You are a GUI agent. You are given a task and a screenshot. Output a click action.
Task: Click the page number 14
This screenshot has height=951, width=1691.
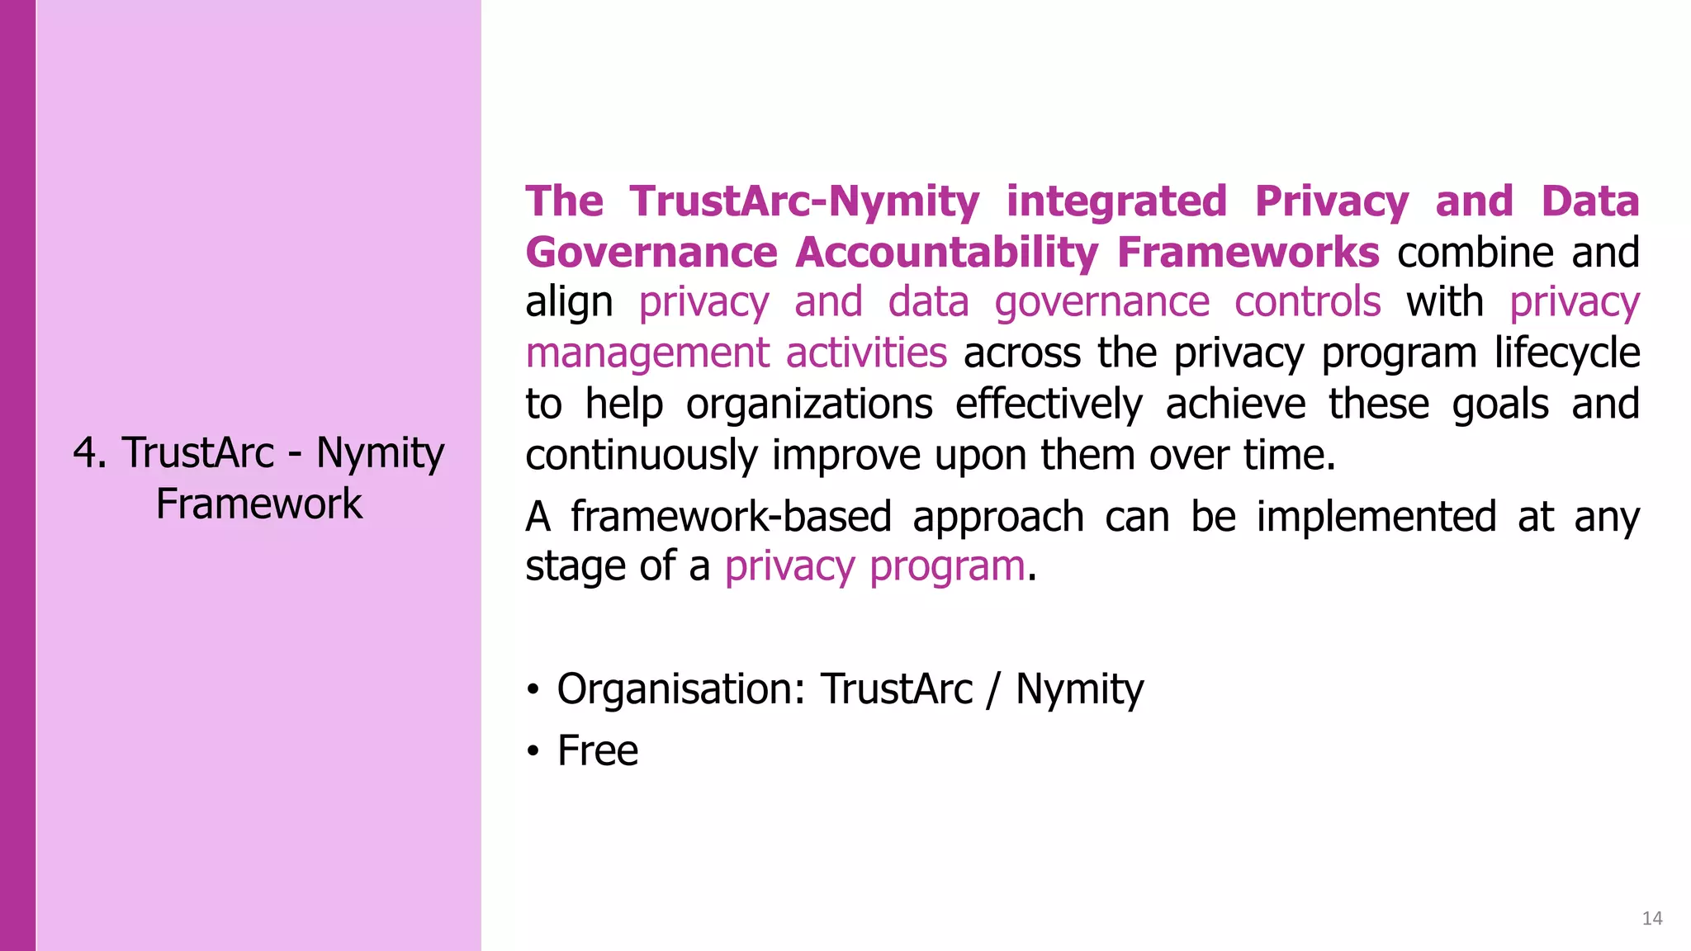[1651, 919]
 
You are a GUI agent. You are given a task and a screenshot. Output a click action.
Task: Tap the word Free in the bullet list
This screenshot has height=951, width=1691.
[597, 751]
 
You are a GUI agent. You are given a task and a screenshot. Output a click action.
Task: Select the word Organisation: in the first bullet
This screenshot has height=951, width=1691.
[680, 689]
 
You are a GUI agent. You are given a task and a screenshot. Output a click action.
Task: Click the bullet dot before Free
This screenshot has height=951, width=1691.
[533, 751]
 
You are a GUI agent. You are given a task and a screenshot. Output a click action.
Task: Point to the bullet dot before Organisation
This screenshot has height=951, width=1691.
[533, 689]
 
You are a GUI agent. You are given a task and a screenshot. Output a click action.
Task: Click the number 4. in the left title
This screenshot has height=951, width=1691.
[90, 453]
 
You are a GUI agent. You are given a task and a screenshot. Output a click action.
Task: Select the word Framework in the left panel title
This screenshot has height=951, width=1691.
[259, 504]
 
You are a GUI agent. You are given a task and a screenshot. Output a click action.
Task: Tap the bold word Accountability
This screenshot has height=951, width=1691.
[946, 253]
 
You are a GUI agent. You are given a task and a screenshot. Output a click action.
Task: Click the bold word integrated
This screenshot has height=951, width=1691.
[1116, 202]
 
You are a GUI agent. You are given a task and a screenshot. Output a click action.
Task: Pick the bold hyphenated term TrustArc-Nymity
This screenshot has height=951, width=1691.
[804, 202]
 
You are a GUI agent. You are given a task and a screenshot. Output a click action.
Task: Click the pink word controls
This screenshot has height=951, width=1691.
[1307, 303]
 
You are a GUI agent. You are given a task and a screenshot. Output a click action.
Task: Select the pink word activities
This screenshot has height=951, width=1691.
[866, 354]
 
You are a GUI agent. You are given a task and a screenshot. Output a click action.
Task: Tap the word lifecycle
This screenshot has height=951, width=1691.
[1567, 354]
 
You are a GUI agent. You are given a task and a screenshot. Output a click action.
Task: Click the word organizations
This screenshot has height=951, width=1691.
[809, 405]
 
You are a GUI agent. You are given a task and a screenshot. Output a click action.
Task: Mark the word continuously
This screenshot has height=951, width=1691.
[641, 456]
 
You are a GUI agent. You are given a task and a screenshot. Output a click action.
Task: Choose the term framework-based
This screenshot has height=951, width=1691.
[731, 518]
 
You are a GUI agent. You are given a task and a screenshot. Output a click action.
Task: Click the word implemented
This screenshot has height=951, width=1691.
[1376, 518]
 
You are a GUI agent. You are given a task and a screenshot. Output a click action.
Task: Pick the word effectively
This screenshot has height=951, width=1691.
[1049, 405]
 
